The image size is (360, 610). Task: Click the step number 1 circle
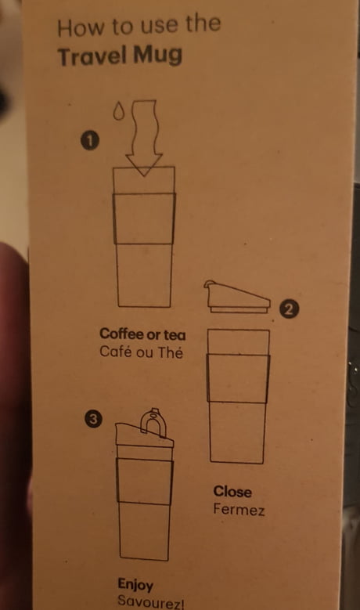click(x=90, y=140)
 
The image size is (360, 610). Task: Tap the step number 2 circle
click(x=289, y=309)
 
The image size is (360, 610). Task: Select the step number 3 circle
click(x=93, y=420)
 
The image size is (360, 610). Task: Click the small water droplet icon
click(x=119, y=110)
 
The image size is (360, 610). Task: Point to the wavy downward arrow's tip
click(x=144, y=176)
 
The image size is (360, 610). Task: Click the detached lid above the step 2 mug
click(x=237, y=297)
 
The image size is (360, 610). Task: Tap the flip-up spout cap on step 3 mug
click(x=153, y=422)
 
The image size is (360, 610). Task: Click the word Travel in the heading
click(x=92, y=56)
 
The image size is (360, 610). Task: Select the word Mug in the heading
click(x=157, y=55)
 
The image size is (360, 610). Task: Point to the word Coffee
click(x=121, y=334)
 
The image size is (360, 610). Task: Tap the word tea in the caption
click(x=175, y=334)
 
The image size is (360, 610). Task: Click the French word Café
click(x=115, y=352)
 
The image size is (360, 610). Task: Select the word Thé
click(x=170, y=352)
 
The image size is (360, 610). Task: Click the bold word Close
click(x=232, y=491)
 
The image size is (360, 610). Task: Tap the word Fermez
click(x=239, y=509)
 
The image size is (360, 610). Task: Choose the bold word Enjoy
click(x=135, y=585)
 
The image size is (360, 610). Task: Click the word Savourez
click(x=149, y=602)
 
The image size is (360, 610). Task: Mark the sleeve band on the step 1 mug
click(x=144, y=218)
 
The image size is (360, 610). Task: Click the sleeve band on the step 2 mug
click(x=238, y=378)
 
